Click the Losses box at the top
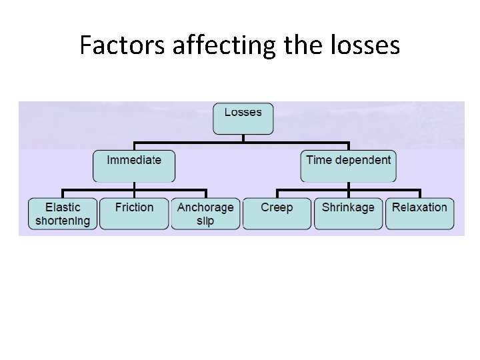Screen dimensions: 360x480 coord(243,118)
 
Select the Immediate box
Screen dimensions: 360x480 coord(134,165)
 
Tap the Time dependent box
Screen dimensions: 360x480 coord(348,165)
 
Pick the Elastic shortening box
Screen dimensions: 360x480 coord(63,214)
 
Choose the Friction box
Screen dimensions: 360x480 coord(134,214)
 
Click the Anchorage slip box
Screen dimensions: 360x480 coord(205,214)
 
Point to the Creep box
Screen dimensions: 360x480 coord(277,214)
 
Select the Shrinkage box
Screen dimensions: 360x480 coord(348,214)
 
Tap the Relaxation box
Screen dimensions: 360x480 coord(419,214)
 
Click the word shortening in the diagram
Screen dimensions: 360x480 coord(63,221)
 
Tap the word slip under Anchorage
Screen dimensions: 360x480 coord(205,221)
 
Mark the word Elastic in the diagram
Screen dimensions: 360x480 coord(63,207)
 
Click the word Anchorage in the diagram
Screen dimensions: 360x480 coord(205,207)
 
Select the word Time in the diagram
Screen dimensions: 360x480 coord(317,160)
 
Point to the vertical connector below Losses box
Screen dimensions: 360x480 coord(243,138)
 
